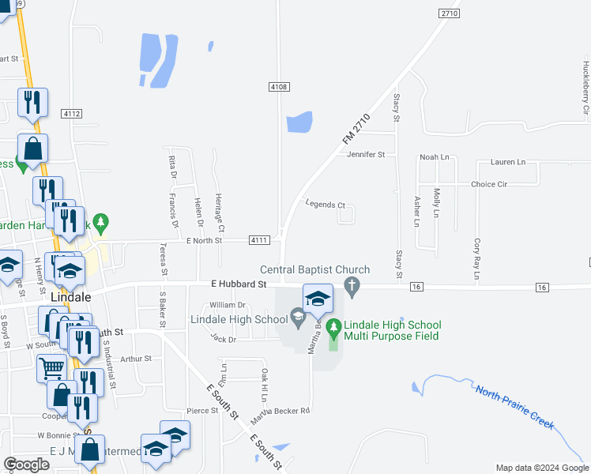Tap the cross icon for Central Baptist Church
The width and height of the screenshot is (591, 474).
[x=353, y=285]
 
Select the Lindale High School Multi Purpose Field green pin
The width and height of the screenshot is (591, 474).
[x=333, y=325]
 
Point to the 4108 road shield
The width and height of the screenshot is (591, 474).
[x=277, y=86]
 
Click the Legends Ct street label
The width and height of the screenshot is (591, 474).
[x=326, y=205]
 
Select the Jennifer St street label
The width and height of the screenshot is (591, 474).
[x=365, y=155]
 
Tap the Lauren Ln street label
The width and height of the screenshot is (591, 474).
[x=507, y=162]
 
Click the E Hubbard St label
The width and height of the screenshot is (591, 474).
[x=239, y=283]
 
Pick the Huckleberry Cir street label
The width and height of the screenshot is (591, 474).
[x=585, y=88]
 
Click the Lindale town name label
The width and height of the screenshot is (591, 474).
[x=71, y=297]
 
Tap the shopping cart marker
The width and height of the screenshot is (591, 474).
[x=52, y=367]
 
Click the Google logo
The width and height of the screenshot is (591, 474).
[x=26, y=465]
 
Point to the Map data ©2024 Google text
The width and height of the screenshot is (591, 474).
[x=541, y=468]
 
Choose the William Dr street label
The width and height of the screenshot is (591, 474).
[x=228, y=305]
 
